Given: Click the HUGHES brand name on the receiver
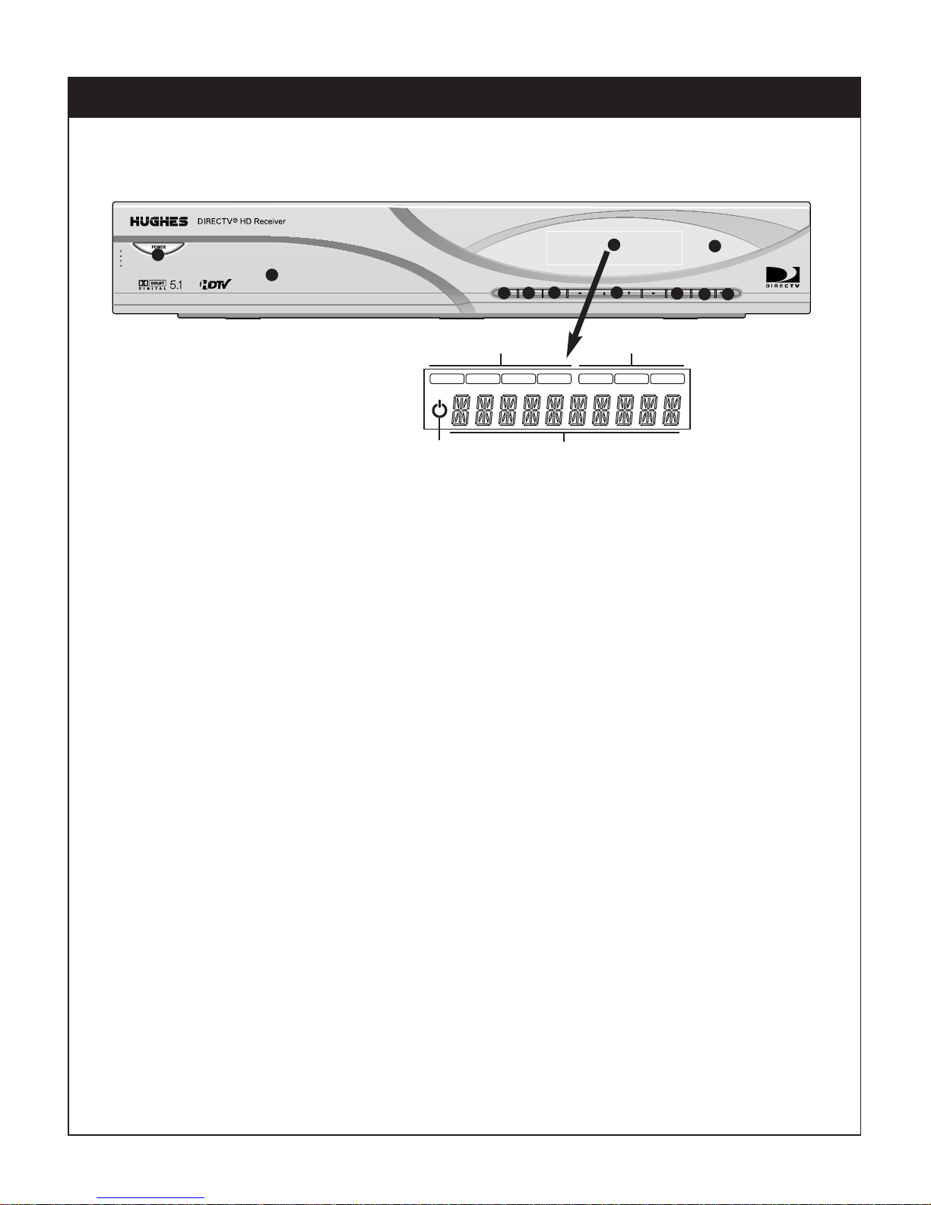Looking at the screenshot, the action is pos(159,221).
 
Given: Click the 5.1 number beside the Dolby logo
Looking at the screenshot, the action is pos(176,285).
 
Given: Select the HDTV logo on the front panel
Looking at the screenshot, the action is pos(214,284).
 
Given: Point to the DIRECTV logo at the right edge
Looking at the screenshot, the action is pos(781,277).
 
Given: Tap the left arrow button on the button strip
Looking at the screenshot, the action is pos(580,293).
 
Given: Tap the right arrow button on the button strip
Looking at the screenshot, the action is pos(654,293).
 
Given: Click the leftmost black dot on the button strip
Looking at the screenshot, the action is pos(502,293).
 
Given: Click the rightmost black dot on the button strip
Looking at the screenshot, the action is pos(729,293).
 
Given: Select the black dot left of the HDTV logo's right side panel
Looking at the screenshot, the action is pos(271,274).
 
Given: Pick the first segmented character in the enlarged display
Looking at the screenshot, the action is pos(460,411).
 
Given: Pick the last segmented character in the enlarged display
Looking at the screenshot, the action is pos(672,411).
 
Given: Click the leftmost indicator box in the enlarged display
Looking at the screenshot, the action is pos(446,378).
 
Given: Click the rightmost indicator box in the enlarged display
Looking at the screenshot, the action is pos(667,378).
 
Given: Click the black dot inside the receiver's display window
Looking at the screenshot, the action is pos(614,244).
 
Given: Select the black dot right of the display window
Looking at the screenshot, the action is pos(714,246).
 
